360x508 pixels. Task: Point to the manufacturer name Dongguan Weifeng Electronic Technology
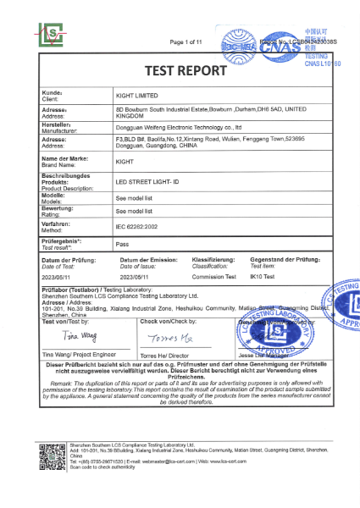point(178,127)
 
